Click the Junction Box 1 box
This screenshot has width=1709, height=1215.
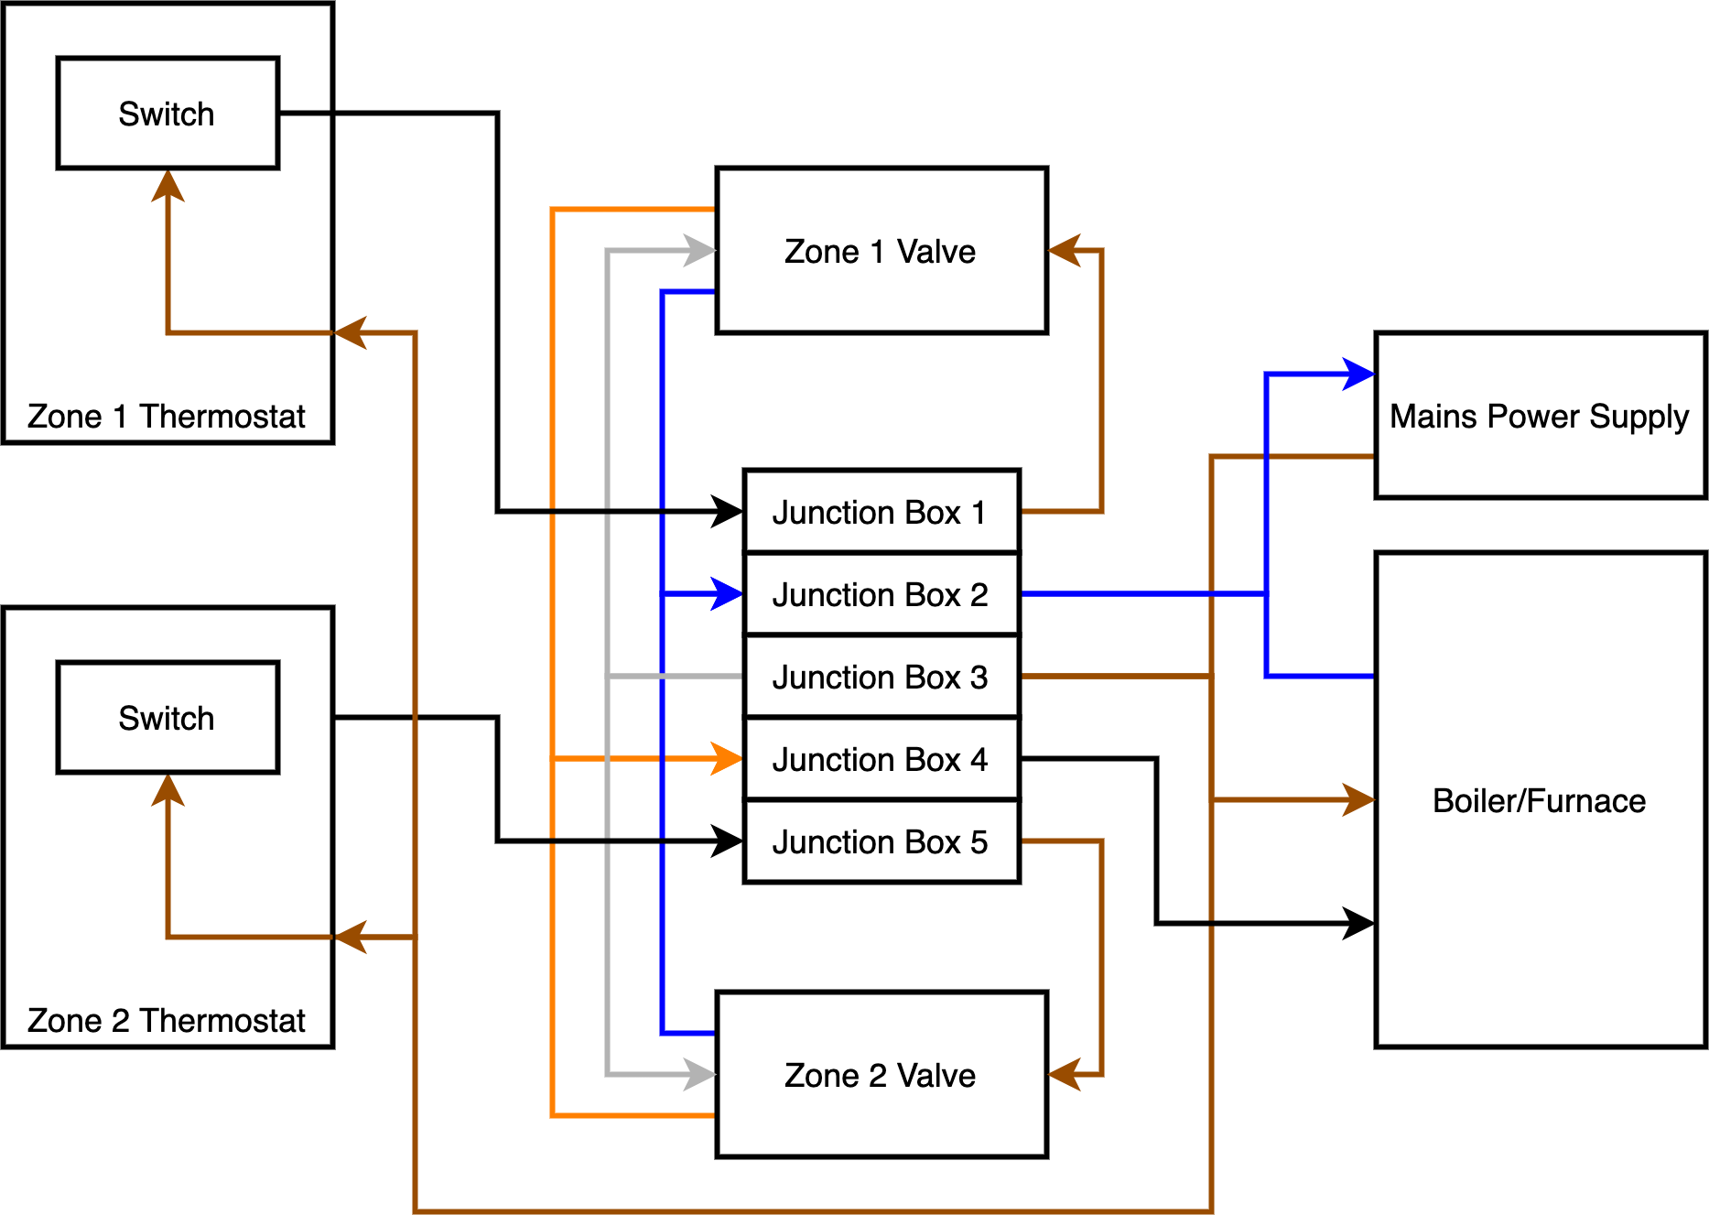[881, 512]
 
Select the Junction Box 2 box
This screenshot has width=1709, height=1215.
[881, 594]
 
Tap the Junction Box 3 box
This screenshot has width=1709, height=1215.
[881, 677]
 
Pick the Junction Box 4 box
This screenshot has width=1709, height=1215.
[881, 759]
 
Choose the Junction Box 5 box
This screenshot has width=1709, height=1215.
[881, 841]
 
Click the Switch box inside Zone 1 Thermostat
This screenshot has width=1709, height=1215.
[168, 114]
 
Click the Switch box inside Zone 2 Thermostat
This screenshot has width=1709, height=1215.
[168, 718]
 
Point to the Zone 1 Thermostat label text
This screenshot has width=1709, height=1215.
[166, 417]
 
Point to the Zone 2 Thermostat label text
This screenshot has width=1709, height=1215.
[166, 1021]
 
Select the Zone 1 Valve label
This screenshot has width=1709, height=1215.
[880, 252]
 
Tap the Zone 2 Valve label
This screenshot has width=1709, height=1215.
[880, 1076]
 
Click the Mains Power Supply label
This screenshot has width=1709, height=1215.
[1539, 417]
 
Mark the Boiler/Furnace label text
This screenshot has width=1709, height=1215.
[1539, 801]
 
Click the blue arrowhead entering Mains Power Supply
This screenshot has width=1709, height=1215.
[1360, 374]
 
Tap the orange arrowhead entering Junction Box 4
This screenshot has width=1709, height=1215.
[728, 759]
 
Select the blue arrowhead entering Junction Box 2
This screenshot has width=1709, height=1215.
[728, 594]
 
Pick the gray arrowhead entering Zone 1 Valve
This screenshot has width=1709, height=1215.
[700, 250]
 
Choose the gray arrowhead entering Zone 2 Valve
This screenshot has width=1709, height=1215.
[700, 1074]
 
